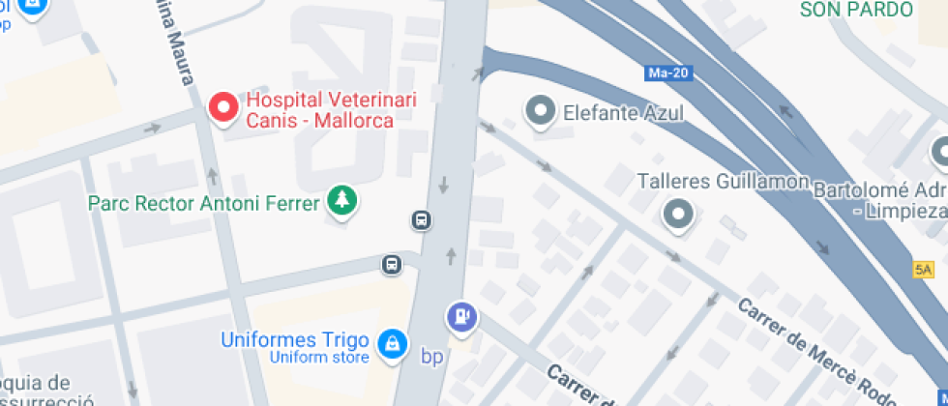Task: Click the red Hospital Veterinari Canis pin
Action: tap(224, 108)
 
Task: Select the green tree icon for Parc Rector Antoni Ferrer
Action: tap(341, 201)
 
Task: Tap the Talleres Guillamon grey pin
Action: tap(679, 214)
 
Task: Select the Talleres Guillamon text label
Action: tap(723, 182)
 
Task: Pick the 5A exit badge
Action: tap(923, 269)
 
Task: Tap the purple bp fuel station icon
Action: tap(461, 316)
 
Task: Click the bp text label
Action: tap(431, 356)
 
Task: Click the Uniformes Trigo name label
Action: tap(295, 340)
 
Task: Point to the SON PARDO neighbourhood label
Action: tap(856, 10)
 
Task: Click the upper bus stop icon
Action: tap(422, 220)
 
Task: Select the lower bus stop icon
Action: tap(391, 264)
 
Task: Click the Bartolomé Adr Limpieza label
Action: tap(879, 198)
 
